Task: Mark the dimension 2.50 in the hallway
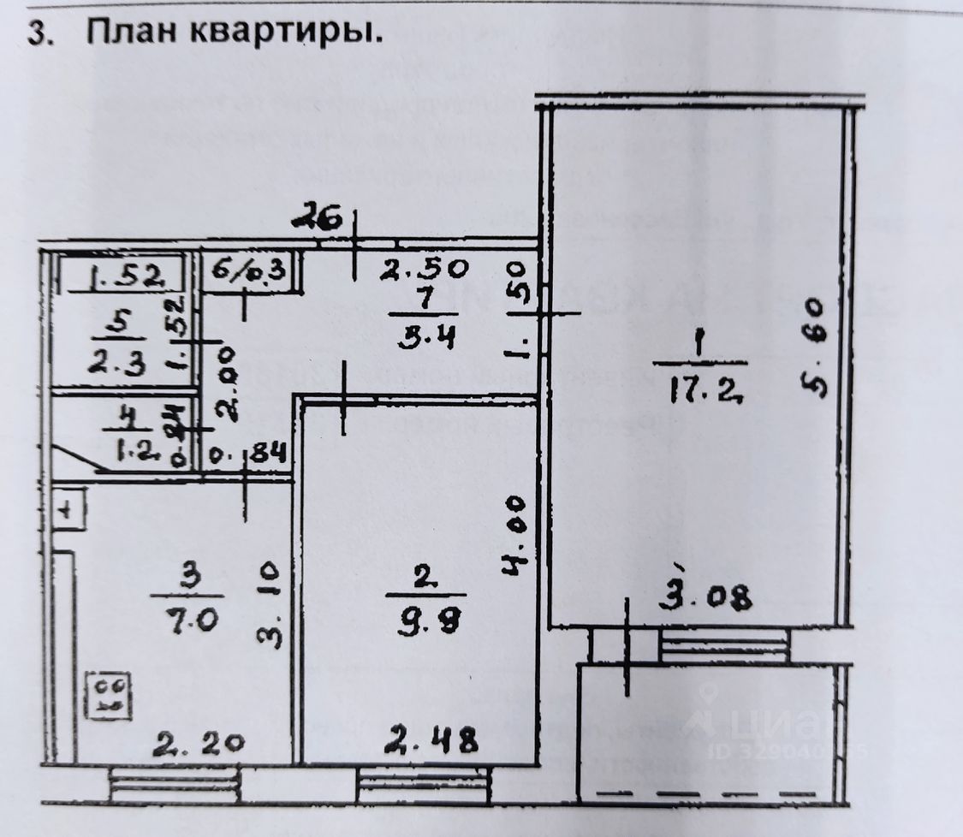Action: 425,270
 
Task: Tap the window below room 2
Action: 423,781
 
